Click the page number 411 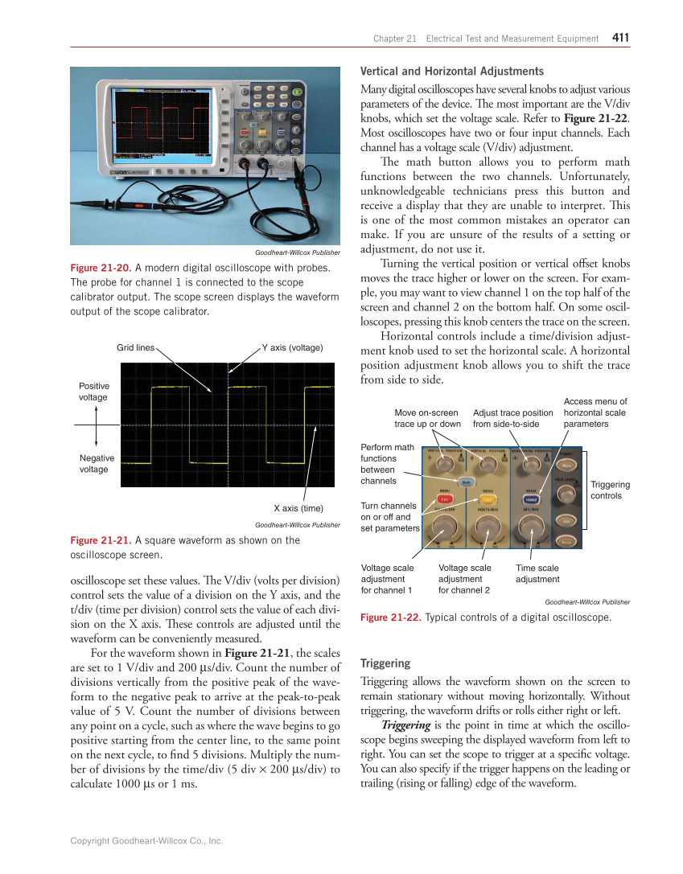click(x=620, y=37)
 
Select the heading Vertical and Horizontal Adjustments click(x=452, y=71)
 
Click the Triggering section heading click(x=385, y=663)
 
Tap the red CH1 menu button click(x=443, y=499)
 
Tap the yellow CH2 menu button click(x=487, y=499)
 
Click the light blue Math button click(x=467, y=482)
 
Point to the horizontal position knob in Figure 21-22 click(x=529, y=464)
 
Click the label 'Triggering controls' click(x=610, y=490)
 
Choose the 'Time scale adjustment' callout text click(x=537, y=573)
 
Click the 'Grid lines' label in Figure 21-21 click(x=135, y=347)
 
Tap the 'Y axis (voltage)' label click(x=292, y=347)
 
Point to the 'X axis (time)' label click(x=298, y=508)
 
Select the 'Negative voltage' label click(x=97, y=463)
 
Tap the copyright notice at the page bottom click(x=146, y=841)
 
